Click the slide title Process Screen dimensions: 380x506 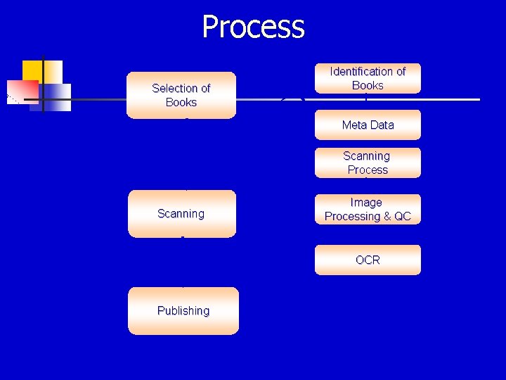(x=253, y=27)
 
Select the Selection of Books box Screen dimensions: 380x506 (x=181, y=95)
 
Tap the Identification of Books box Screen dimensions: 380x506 (x=368, y=78)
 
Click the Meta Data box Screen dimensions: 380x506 (x=368, y=125)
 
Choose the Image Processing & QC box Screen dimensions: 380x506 (x=368, y=210)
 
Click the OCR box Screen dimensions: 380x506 (x=368, y=260)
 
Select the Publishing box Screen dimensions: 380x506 (x=183, y=310)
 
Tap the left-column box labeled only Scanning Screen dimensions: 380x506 (x=181, y=213)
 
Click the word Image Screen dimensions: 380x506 (x=366, y=203)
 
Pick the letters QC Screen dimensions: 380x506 (x=403, y=217)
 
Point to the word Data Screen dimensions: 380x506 (x=382, y=125)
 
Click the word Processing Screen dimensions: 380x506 (x=352, y=217)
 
